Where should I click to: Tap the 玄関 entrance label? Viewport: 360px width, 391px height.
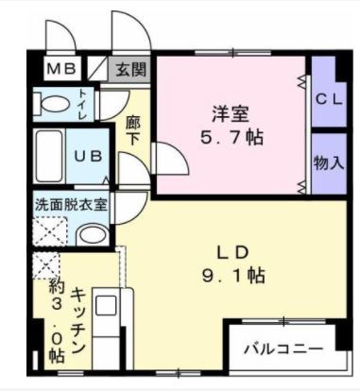pyautogui.click(x=132, y=68)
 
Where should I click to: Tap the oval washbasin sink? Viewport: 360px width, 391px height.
pyautogui.click(x=93, y=232)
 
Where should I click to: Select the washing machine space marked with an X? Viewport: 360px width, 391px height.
pyautogui.click(x=48, y=229)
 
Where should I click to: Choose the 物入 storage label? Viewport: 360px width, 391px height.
pyautogui.click(x=328, y=161)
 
